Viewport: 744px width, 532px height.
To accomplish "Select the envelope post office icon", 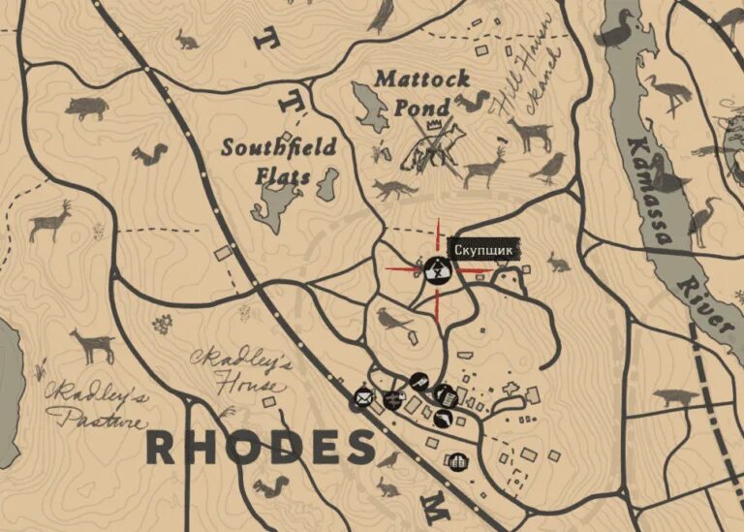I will click(x=363, y=396).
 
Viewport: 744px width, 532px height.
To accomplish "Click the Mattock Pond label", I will click(x=423, y=92).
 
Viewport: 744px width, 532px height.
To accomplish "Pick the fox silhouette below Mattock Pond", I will click(x=394, y=189).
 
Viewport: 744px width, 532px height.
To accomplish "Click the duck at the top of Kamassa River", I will click(x=616, y=29).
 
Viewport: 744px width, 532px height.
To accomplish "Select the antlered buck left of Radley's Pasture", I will click(x=50, y=220).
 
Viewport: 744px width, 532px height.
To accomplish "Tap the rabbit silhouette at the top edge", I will click(x=186, y=40).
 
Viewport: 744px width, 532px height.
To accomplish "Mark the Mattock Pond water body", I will click(x=369, y=107).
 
